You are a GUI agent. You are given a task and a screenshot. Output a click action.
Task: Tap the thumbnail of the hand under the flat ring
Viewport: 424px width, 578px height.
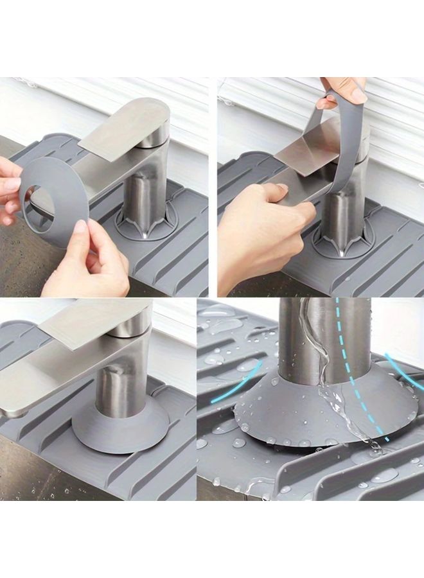(x=80, y=226)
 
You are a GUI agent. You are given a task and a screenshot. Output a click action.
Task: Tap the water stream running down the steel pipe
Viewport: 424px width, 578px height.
(x=321, y=360)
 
